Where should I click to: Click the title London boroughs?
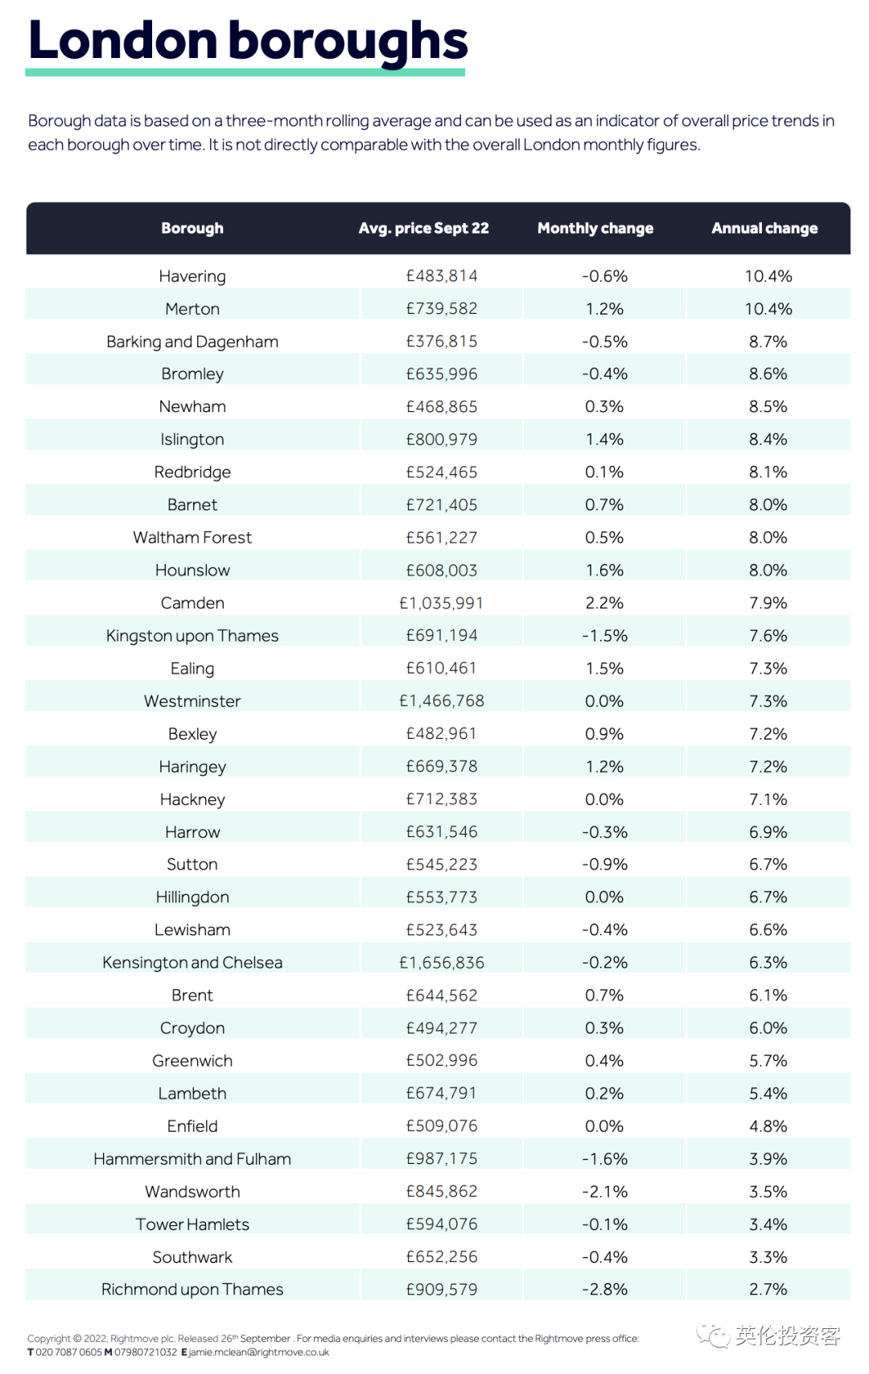(x=248, y=40)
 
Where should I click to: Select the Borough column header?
(x=192, y=229)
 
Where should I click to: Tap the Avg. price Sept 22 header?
(x=423, y=229)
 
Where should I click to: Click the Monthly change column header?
(x=595, y=229)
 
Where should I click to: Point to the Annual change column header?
(x=764, y=229)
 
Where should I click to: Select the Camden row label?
(x=192, y=603)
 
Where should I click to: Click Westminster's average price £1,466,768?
(x=442, y=701)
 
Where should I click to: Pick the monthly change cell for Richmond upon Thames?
(x=604, y=1289)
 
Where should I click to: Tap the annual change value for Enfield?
(x=768, y=1126)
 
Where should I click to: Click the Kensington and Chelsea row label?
(x=192, y=963)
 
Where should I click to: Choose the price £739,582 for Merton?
(x=442, y=309)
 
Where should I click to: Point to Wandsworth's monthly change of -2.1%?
(x=604, y=1191)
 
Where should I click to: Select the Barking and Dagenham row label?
(x=192, y=341)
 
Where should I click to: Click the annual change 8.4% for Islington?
(x=768, y=439)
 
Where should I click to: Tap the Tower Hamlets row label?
(x=192, y=1224)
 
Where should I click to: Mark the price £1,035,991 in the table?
(x=442, y=603)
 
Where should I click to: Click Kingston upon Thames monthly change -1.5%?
(x=604, y=636)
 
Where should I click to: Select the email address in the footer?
(x=258, y=1352)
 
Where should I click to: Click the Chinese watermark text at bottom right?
(x=787, y=1336)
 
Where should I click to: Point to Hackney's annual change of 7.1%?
(x=768, y=799)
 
